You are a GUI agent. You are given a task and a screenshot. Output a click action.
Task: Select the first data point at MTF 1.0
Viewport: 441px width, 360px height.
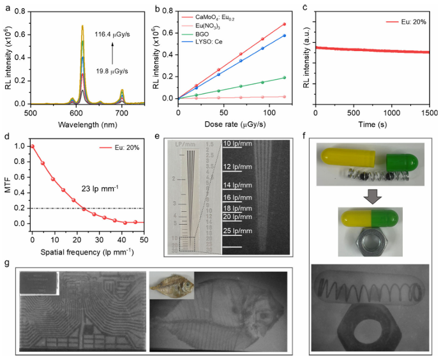[32, 146]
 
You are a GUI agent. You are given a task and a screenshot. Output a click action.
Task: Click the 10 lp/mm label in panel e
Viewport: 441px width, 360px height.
[240, 144]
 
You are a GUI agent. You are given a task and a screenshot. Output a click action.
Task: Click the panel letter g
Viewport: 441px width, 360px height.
[6, 262]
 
